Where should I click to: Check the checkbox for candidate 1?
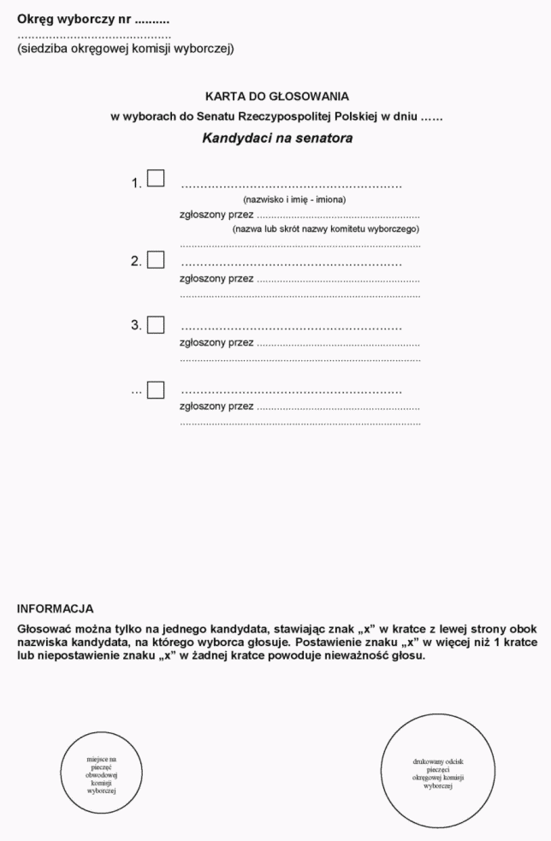[156, 179]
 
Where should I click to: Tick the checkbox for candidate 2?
[156, 260]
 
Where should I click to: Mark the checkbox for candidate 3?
[156, 325]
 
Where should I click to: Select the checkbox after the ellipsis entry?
[156, 390]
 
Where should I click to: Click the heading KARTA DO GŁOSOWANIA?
[277, 97]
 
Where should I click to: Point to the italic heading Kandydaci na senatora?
[277, 137]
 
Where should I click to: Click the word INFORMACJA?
[55, 609]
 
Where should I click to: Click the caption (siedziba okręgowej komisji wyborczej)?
[125, 48]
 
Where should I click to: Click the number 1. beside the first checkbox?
[136, 184]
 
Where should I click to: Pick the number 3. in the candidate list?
[136, 326]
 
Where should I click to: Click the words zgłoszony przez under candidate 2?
[216, 279]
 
